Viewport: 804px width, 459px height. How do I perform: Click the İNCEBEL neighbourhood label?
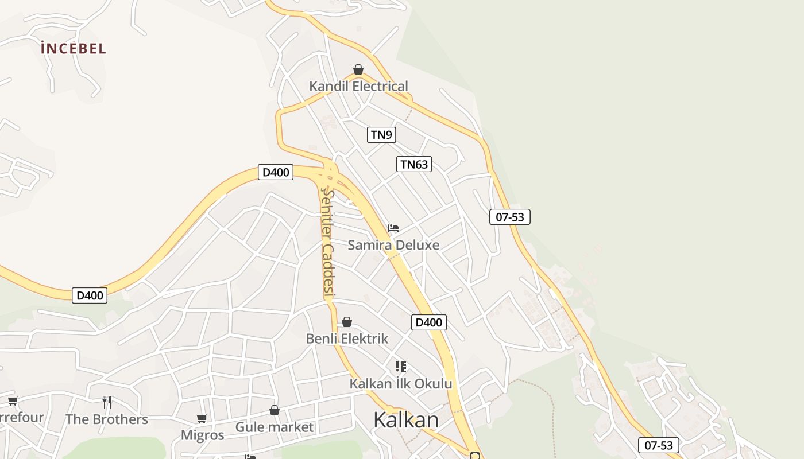(74, 48)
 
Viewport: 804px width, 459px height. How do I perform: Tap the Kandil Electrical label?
(358, 87)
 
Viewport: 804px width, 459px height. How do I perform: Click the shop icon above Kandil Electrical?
(358, 70)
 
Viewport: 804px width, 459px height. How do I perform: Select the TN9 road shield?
(381, 135)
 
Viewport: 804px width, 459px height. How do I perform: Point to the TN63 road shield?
(414, 165)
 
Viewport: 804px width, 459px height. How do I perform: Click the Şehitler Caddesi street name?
(327, 243)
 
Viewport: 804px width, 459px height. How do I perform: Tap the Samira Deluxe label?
(393, 245)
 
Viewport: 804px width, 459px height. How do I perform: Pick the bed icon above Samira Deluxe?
(393, 228)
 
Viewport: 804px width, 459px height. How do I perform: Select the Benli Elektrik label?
(347, 339)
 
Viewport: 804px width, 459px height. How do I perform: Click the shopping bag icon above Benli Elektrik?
(347, 322)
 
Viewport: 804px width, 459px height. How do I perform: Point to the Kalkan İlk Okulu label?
(401, 384)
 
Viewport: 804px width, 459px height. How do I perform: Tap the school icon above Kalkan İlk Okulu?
(401, 367)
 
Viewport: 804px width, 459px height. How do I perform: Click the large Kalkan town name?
(406, 420)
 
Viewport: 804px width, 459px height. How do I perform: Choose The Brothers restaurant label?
(107, 419)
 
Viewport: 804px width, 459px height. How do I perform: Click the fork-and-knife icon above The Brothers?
(107, 402)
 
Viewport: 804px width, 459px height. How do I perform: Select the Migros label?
(202, 435)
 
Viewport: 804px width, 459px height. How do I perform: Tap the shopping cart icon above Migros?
(202, 419)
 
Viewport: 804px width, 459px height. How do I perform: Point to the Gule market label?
(275, 427)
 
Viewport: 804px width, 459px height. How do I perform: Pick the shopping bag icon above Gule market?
(275, 411)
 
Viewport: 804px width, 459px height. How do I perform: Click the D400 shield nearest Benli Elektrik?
(429, 322)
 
